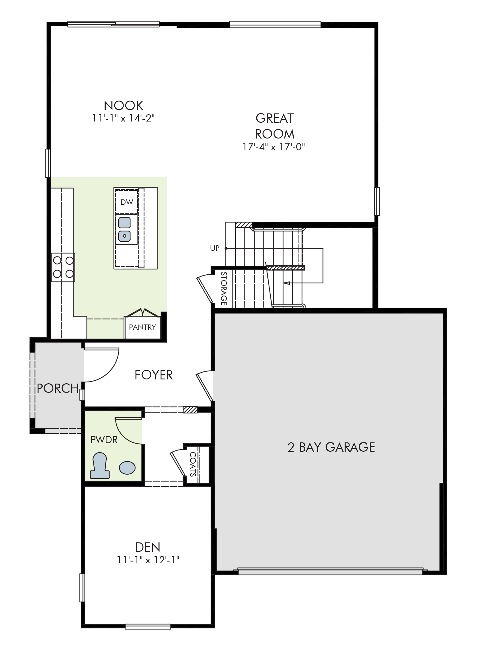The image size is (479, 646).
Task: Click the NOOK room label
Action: tap(124, 105)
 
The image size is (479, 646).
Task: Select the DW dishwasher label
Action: tap(127, 202)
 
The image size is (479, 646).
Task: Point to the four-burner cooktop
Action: tap(63, 267)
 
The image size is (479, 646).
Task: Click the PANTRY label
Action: tap(142, 327)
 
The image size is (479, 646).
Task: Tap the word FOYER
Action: tap(154, 375)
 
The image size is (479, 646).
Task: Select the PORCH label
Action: tap(58, 388)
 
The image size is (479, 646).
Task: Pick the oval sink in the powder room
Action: tap(127, 467)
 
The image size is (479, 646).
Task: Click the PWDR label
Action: tap(104, 440)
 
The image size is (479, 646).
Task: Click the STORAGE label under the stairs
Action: tap(224, 289)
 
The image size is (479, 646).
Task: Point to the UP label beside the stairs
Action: tap(215, 248)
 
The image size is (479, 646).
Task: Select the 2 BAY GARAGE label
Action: tap(331, 447)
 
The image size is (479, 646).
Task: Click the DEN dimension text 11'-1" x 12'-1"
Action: tap(148, 560)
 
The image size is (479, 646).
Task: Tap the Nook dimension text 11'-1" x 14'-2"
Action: tap(124, 119)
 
